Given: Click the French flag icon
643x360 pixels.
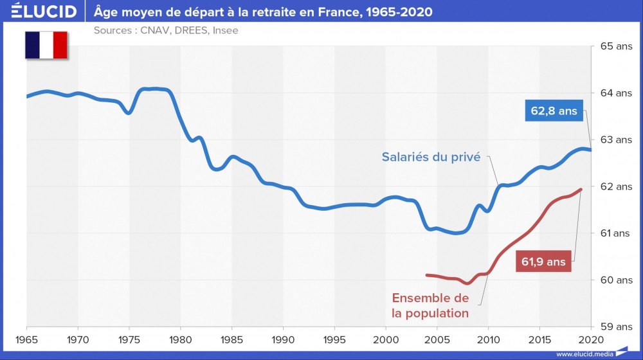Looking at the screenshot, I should point(46,45).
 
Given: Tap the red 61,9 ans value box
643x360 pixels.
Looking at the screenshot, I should point(543,262).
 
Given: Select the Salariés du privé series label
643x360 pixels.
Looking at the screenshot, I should point(431,157).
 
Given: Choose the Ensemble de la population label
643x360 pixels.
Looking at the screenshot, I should point(430,306).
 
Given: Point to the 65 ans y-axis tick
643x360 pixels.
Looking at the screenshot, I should point(615,46).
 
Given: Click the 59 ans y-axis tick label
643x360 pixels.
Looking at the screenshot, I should point(615,327).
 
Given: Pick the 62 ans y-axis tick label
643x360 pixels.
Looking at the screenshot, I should point(615,186).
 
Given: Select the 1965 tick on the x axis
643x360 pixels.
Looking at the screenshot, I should point(26,339).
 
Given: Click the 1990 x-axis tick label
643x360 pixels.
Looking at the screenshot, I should point(283,339).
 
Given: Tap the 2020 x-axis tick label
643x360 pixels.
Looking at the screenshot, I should point(591,339).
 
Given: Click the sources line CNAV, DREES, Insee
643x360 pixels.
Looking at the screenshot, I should point(166,30).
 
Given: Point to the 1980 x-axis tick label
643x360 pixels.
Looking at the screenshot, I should point(181,339).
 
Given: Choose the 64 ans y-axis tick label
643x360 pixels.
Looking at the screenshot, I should point(615,93).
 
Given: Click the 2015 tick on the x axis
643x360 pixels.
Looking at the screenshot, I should point(539,339).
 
